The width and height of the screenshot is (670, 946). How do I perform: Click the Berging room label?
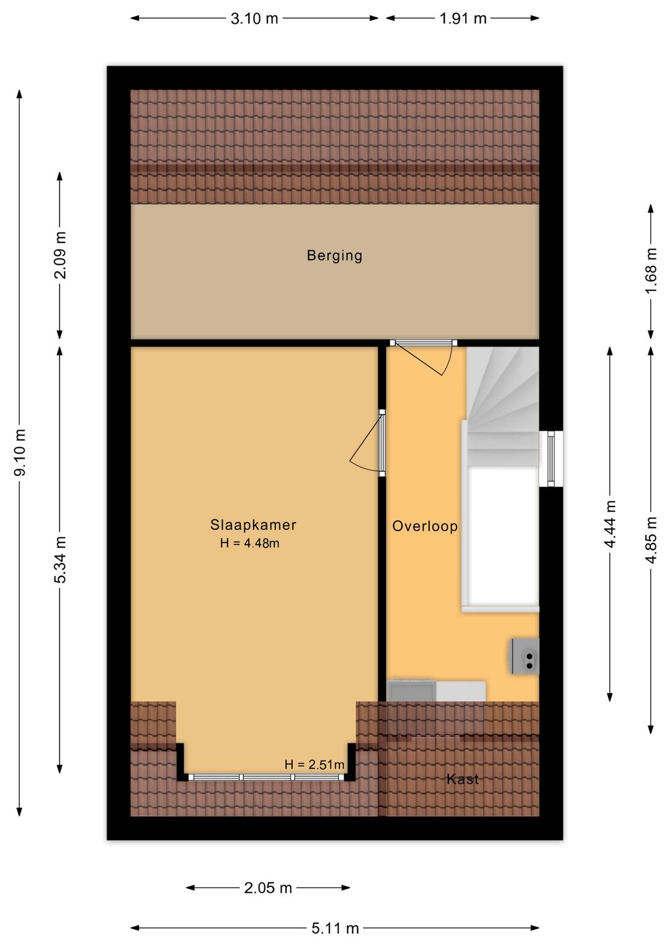[x=334, y=255]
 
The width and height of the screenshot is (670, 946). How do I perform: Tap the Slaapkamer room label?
[x=253, y=525]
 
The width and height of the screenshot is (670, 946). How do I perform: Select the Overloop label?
[x=425, y=526]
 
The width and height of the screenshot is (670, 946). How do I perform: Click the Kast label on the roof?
[x=463, y=779]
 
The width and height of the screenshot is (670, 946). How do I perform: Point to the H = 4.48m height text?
[x=249, y=544]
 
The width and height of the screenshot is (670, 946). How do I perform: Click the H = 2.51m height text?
[x=314, y=764]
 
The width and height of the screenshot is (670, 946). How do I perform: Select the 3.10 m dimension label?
[x=254, y=19]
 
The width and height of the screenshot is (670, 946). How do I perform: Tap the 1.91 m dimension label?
[x=463, y=19]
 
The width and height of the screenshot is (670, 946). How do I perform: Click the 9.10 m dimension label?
[x=20, y=453]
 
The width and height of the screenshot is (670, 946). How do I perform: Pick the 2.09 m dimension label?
[x=60, y=255]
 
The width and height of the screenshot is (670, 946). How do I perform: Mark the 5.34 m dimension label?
[x=60, y=560]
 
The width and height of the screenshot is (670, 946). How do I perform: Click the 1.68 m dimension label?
[x=651, y=272]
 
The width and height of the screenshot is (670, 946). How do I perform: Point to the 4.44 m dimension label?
[x=610, y=524]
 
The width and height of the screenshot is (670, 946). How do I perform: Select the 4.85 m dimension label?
[x=651, y=540]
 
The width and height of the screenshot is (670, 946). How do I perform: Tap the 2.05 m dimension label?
[x=268, y=888]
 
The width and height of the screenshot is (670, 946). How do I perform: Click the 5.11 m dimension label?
[x=335, y=928]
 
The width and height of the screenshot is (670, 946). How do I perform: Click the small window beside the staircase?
[x=550, y=458]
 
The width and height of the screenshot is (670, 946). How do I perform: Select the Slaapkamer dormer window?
[x=267, y=777]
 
